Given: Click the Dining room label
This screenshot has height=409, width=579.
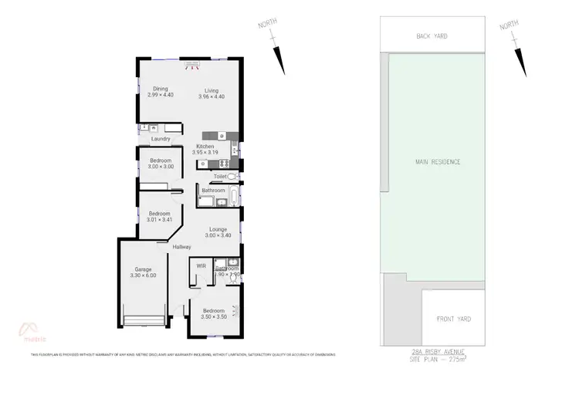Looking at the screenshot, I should [x=161, y=89].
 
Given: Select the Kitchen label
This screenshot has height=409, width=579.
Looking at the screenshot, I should [x=205, y=146].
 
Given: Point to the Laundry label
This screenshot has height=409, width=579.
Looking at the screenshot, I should [x=161, y=139].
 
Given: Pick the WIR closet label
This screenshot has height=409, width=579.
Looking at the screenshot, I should [x=201, y=265].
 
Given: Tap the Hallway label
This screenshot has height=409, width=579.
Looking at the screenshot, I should [x=181, y=246].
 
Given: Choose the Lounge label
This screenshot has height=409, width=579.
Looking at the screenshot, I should [x=218, y=229].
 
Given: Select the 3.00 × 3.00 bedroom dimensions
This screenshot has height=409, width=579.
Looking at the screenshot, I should [x=161, y=167].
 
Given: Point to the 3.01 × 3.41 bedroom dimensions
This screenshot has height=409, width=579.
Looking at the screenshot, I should [x=159, y=220].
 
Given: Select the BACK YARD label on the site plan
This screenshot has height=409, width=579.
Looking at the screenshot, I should [x=432, y=36].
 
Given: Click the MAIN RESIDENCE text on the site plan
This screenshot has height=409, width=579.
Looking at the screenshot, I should [x=438, y=162].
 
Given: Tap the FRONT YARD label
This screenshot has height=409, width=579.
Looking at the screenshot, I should [x=454, y=319].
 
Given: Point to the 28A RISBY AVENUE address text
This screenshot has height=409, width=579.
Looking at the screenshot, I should [x=438, y=352].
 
